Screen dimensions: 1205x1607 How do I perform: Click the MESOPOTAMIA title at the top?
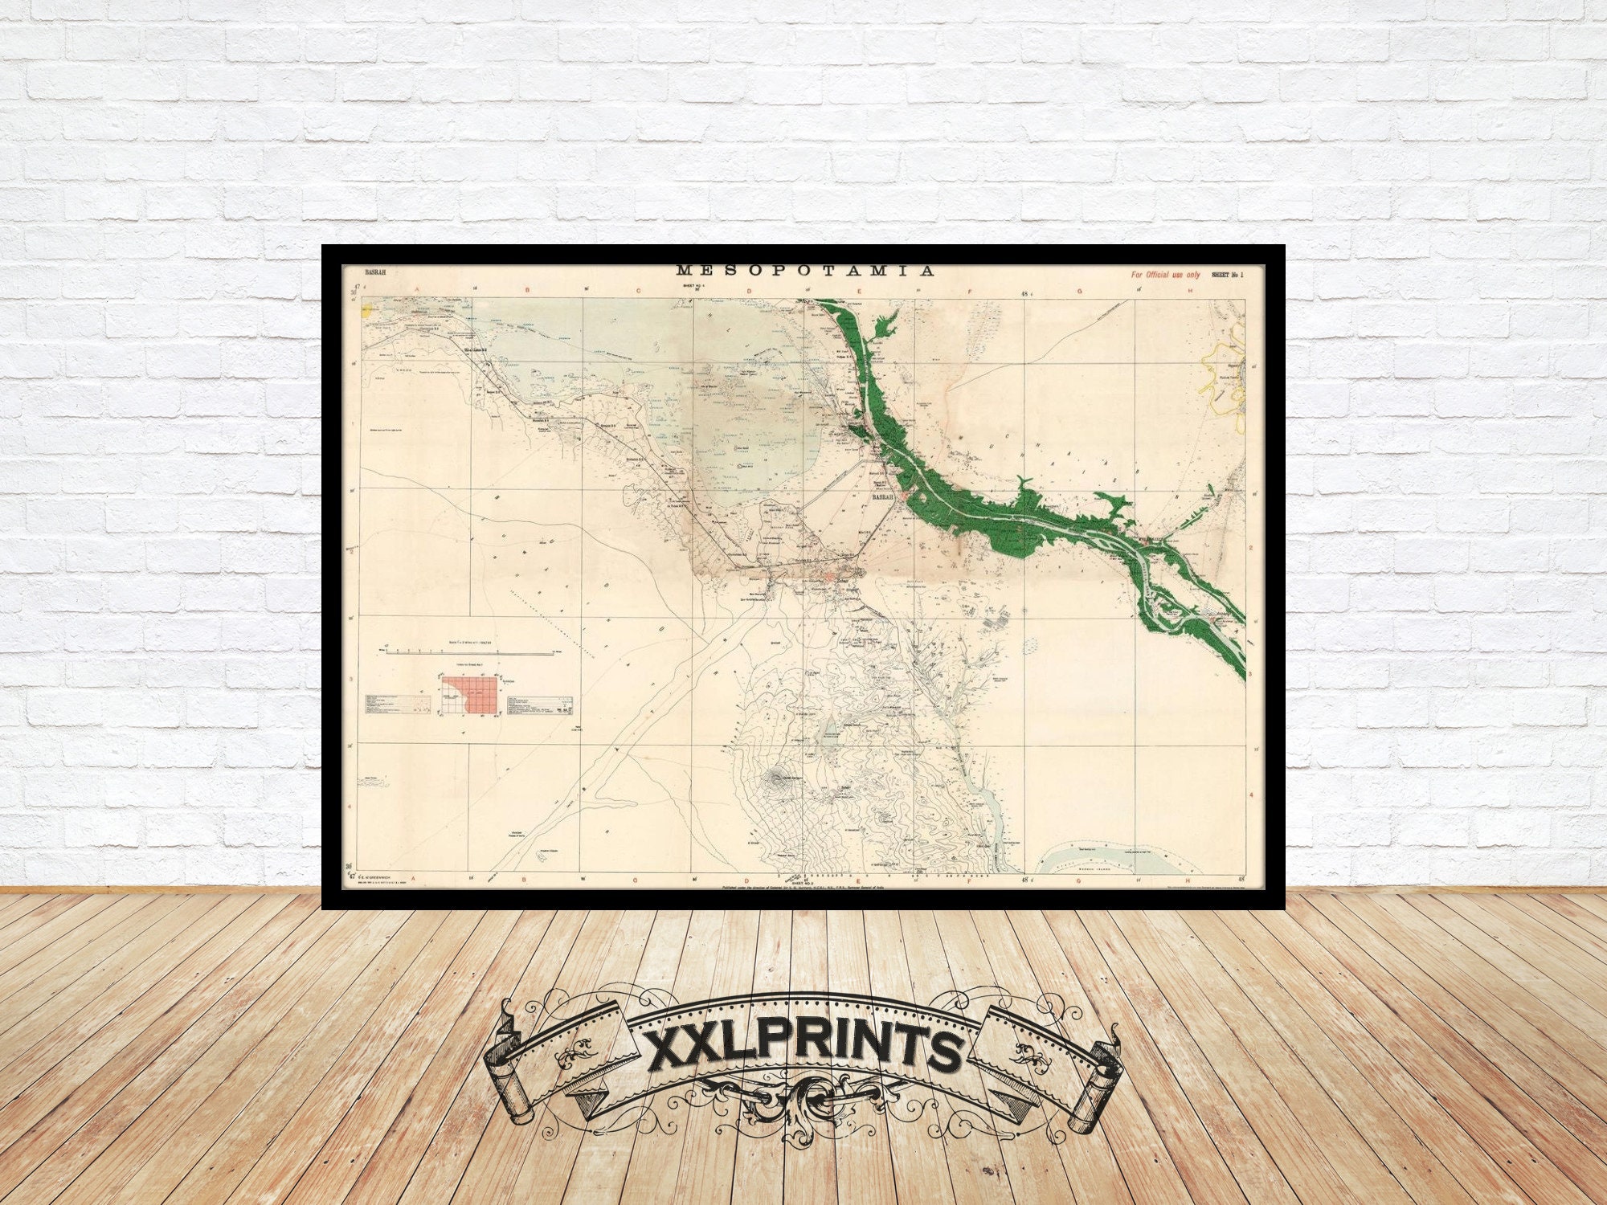click(x=805, y=271)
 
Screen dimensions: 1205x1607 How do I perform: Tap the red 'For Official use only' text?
click(x=1165, y=275)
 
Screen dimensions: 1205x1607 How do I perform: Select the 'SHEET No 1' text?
click(x=1227, y=275)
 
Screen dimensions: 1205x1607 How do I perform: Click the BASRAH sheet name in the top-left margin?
click(x=375, y=273)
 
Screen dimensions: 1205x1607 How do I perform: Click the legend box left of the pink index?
click(x=398, y=702)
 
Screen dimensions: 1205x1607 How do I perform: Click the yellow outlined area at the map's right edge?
click(x=1221, y=374)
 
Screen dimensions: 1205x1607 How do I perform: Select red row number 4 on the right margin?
click(x=1251, y=795)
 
